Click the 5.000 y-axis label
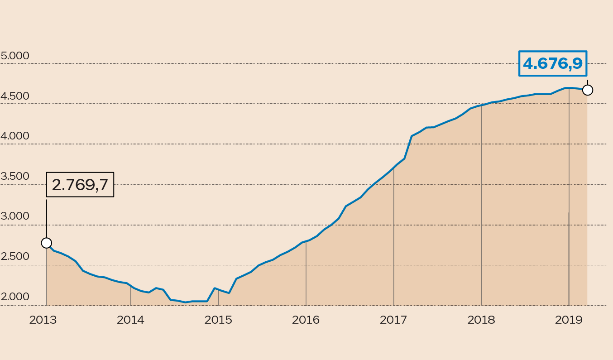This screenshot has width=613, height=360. click(15, 56)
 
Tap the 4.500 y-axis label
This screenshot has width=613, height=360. click(15, 96)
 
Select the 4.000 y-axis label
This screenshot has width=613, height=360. click(15, 136)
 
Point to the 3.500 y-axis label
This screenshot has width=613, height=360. click(15, 176)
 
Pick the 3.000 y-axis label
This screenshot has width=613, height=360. click(15, 216)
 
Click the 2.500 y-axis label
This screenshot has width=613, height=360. click(15, 256)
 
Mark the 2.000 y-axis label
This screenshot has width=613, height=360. click(15, 297)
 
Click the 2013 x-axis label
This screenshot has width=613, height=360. click(43, 320)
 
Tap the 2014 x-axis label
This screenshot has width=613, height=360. click(130, 320)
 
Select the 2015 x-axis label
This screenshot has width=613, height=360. click(218, 320)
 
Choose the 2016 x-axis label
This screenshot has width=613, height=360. click(306, 320)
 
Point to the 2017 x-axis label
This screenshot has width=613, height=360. click(393, 320)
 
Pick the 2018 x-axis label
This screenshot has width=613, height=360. click(481, 320)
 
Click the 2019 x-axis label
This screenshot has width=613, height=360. click(569, 320)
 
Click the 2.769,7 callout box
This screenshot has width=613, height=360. click(80, 185)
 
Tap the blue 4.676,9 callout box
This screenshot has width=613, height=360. click(553, 63)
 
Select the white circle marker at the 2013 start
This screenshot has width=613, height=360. click(47, 243)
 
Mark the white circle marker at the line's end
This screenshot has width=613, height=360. click(588, 90)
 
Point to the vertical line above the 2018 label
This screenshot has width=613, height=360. click(481, 204)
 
